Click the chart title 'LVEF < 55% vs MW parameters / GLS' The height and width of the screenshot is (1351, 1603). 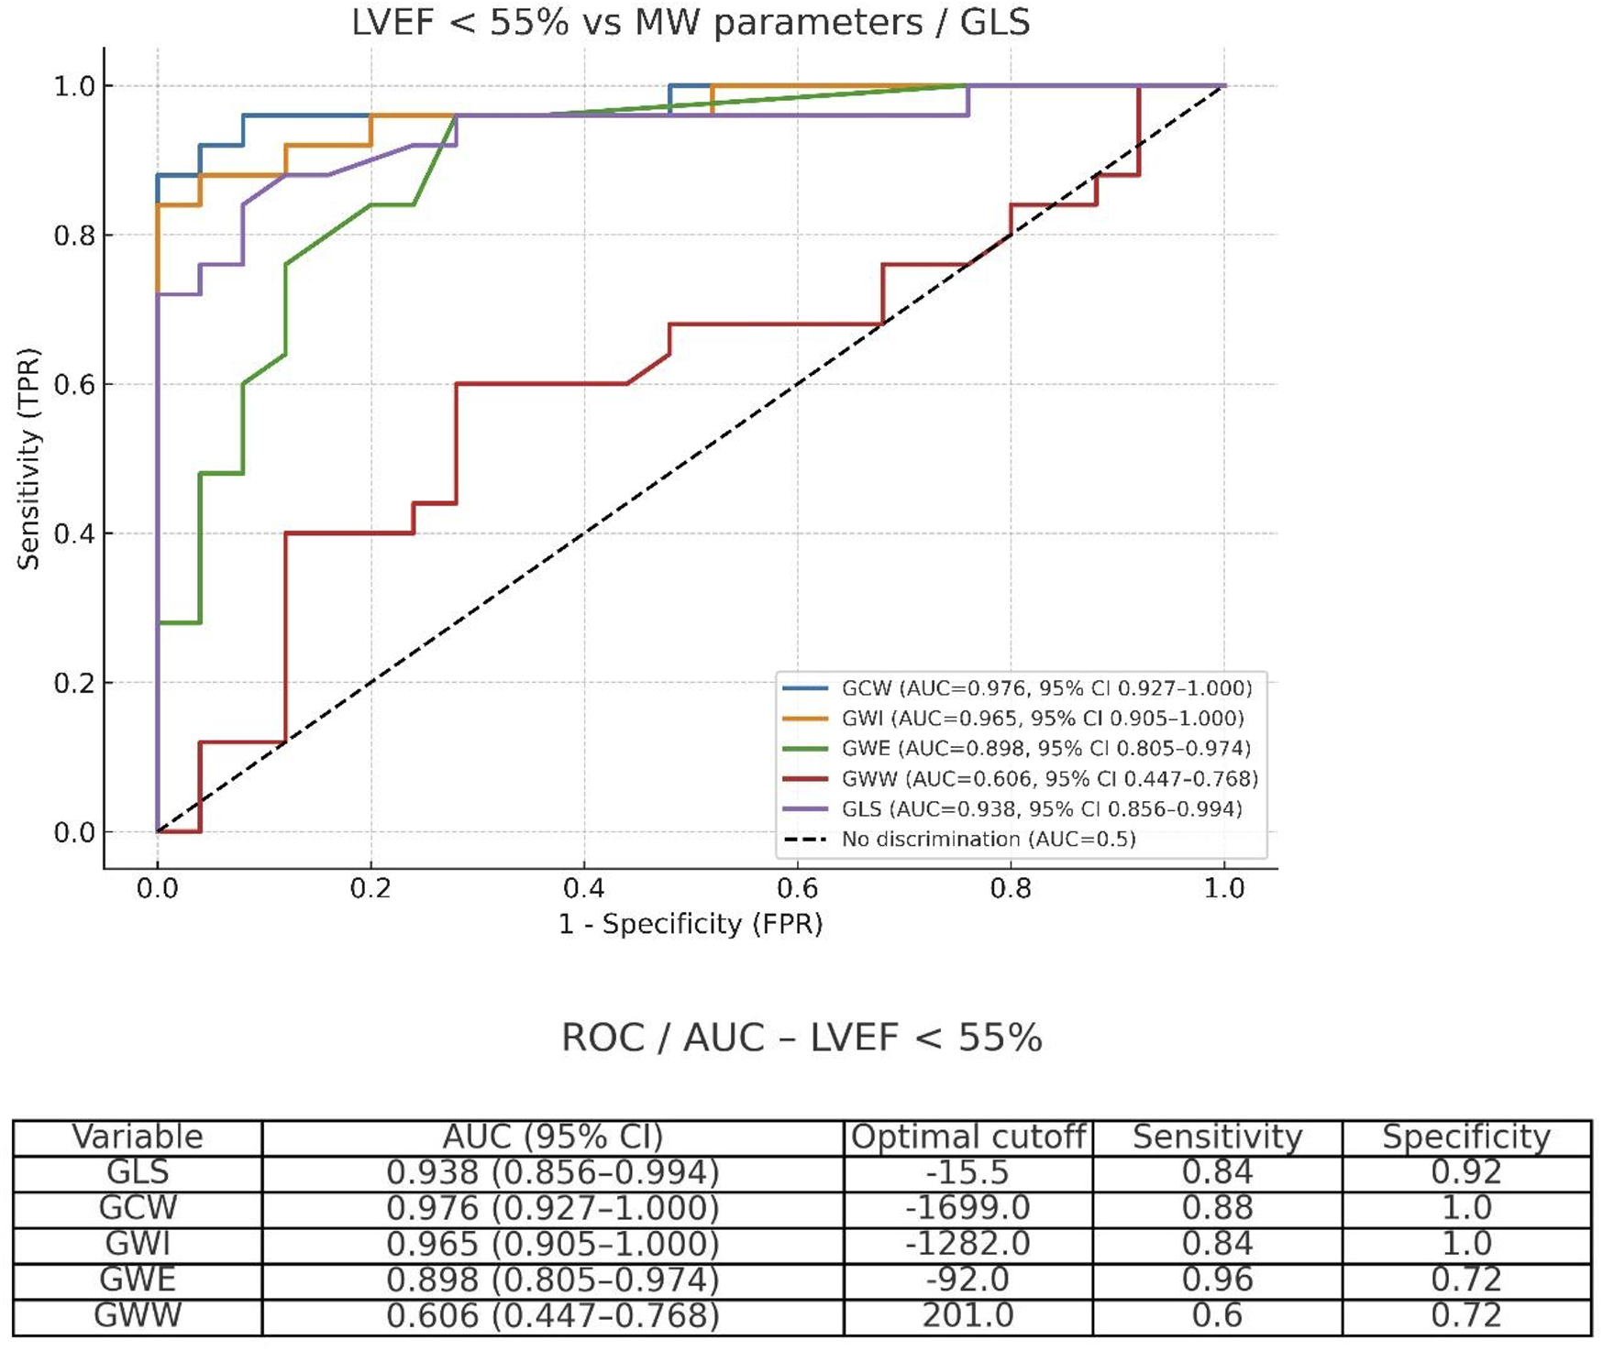[691, 22]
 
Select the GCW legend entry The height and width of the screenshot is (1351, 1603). [1045, 688]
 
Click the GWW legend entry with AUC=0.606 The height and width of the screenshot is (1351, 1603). [1049, 779]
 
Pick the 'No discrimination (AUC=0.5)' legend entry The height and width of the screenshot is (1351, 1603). [988, 840]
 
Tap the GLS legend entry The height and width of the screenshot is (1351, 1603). [1041, 809]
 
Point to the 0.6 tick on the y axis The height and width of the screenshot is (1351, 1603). [74, 385]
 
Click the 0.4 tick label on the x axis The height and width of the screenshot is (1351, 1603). [584, 889]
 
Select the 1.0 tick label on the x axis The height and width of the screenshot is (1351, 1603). [1224, 889]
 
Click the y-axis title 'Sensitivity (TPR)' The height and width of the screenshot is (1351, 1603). [28, 458]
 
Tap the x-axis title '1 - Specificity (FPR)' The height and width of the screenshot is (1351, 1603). [691, 924]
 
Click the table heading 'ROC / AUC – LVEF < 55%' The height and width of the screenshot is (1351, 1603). [801, 1038]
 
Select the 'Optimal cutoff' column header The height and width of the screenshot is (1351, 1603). [968, 1137]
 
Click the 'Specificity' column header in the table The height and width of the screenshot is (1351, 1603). [1465, 1137]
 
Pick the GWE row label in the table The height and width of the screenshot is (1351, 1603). [138, 1280]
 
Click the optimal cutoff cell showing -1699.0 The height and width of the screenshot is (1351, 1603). [968, 1208]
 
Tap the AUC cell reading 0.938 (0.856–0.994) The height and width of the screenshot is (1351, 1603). [552, 1172]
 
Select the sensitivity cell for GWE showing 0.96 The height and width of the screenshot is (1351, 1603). [1217, 1280]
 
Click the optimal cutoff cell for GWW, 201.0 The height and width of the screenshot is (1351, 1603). [968, 1315]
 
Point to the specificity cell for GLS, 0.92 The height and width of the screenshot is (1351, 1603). [1465, 1172]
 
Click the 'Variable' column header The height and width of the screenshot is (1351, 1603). [138, 1137]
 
